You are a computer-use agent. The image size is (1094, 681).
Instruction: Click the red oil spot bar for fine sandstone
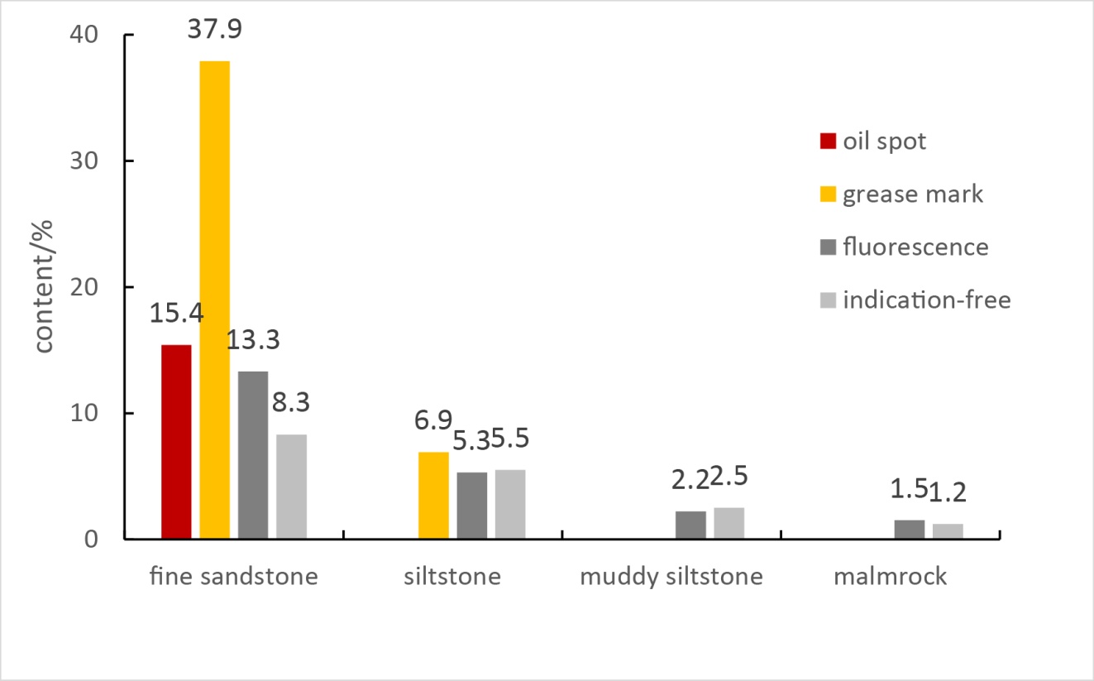pyautogui.click(x=176, y=442)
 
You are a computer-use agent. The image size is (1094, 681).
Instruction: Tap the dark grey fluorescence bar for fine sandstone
pyautogui.click(x=253, y=455)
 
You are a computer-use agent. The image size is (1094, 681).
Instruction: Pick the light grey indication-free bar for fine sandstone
pyautogui.click(x=291, y=487)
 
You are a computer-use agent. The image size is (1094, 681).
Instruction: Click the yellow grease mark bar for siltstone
pyautogui.click(x=434, y=495)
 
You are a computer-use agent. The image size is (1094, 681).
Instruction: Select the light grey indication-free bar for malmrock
pyautogui.click(x=948, y=531)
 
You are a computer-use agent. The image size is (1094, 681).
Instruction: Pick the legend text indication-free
pyautogui.click(x=927, y=300)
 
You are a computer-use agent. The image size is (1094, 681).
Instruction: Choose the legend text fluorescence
pyautogui.click(x=915, y=247)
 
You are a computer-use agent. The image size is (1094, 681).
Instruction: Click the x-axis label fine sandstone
pyautogui.click(x=234, y=577)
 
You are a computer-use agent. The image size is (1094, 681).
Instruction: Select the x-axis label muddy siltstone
pyautogui.click(x=671, y=577)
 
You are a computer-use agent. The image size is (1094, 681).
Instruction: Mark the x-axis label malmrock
pyautogui.click(x=891, y=577)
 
